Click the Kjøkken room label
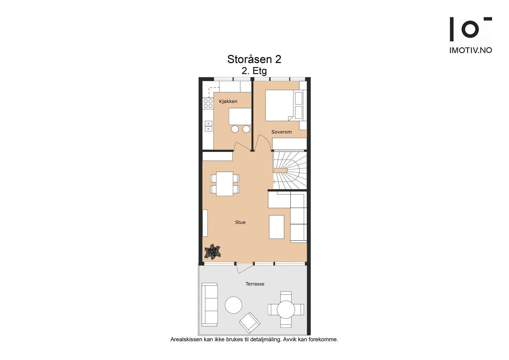[x=228, y=102]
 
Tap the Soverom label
[x=281, y=132]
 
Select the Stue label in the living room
[x=240, y=222]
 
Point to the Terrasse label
[x=255, y=284]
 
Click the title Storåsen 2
[x=254, y=59]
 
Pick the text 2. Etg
[x=254, y=71]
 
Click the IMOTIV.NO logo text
[x=471, y=50]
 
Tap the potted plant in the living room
[x=212, y=252]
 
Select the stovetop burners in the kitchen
[x=208, y=103]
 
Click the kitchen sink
[x=208, y=126]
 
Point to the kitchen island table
[x=240, y=116]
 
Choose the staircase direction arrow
[x=275, y=182]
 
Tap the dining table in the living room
[x=225, y=184]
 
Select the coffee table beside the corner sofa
[x=276, y=227]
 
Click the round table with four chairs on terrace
[x=286, y=309]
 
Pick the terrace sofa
[x=210, y=304]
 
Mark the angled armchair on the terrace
[x=250, y=322]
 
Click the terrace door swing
[x=244, y=268]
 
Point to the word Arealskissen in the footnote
[x=186, y=340]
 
